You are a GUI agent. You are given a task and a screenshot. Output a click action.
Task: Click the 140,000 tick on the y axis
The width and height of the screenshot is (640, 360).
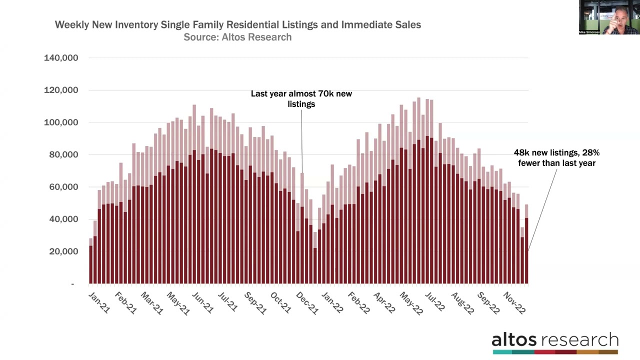pos(61,58)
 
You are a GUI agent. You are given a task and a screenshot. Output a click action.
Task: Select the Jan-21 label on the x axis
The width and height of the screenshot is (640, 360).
pos(99,303)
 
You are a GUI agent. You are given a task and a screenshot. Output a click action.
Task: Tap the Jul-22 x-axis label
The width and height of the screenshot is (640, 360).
pos(434,303)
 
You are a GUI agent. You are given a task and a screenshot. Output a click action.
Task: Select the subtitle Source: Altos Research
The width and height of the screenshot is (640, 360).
pos(237,37)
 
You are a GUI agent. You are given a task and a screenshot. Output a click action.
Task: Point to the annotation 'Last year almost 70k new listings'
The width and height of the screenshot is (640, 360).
pos(301,99)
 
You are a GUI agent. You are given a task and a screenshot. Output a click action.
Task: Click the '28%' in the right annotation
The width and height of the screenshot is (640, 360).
pos(590,153)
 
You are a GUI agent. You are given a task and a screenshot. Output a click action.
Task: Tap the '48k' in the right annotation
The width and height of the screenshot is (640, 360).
pos(521,153)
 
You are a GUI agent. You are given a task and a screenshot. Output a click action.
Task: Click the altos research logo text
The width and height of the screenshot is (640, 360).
pos(555,340)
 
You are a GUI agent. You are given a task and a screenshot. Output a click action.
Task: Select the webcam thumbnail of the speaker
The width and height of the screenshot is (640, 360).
pos(609,17)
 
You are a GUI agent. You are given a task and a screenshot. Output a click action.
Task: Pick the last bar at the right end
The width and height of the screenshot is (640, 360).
pos(526,250)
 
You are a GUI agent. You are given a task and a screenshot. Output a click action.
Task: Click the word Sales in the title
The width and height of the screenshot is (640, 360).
pos(408,25)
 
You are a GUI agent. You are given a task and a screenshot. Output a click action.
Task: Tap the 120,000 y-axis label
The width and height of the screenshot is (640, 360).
pos(61,90)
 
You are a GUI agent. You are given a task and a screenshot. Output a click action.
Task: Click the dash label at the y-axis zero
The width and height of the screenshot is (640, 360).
pos(72,284)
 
